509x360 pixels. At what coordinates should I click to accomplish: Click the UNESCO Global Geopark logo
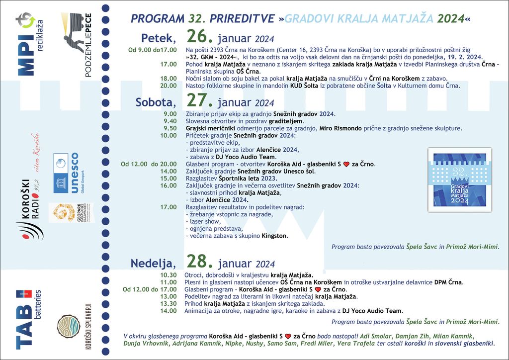(x=67, y=172)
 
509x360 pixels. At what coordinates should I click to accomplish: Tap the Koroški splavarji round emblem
(x=69, y=327)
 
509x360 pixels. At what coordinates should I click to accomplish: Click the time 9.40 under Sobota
(x=170, y=121)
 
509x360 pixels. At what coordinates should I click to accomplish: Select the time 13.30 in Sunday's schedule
(x=169, y=303)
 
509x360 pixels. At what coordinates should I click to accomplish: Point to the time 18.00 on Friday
(x=169, y=79)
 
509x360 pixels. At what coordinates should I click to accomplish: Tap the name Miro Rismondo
(x=340, y=128)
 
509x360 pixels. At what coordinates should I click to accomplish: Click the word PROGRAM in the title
(x=157, y=19)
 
